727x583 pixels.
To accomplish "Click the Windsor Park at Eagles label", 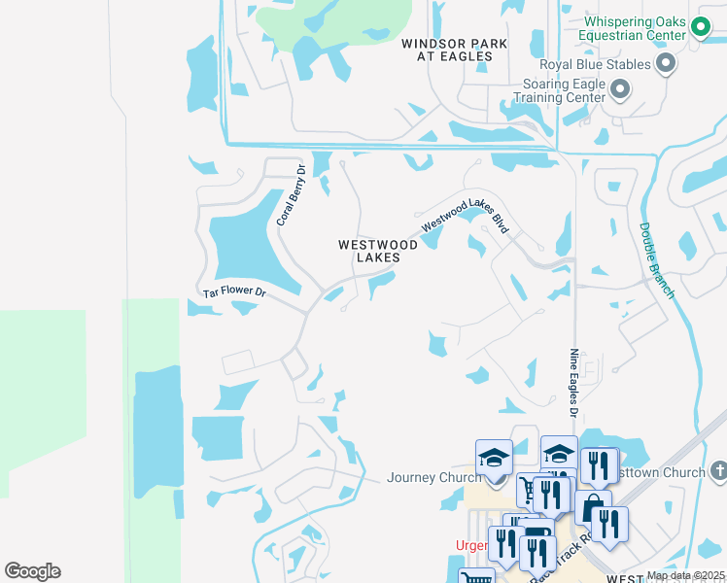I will (448, 50).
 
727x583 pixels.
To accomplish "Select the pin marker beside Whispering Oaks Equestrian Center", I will (701, 29).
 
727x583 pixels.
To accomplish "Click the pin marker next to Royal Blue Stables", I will (666, 65).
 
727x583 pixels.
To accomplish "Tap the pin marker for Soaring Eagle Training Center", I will (620, 91).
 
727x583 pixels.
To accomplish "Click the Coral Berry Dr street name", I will (291, 194).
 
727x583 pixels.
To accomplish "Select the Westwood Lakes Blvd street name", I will (466, 216).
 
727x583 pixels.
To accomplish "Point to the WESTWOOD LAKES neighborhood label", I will (378, 251).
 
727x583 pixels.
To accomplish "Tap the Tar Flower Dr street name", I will (233, 290).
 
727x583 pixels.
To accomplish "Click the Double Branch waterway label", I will (655, 259).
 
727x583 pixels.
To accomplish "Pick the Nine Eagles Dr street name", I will (574, 385).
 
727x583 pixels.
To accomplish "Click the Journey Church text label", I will (433, 477).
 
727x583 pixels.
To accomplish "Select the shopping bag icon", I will (592, 508).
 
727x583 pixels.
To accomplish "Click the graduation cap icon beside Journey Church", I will (494, 458).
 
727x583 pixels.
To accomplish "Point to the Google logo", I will (32, 571).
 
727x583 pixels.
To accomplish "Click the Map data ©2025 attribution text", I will (685, 575).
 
